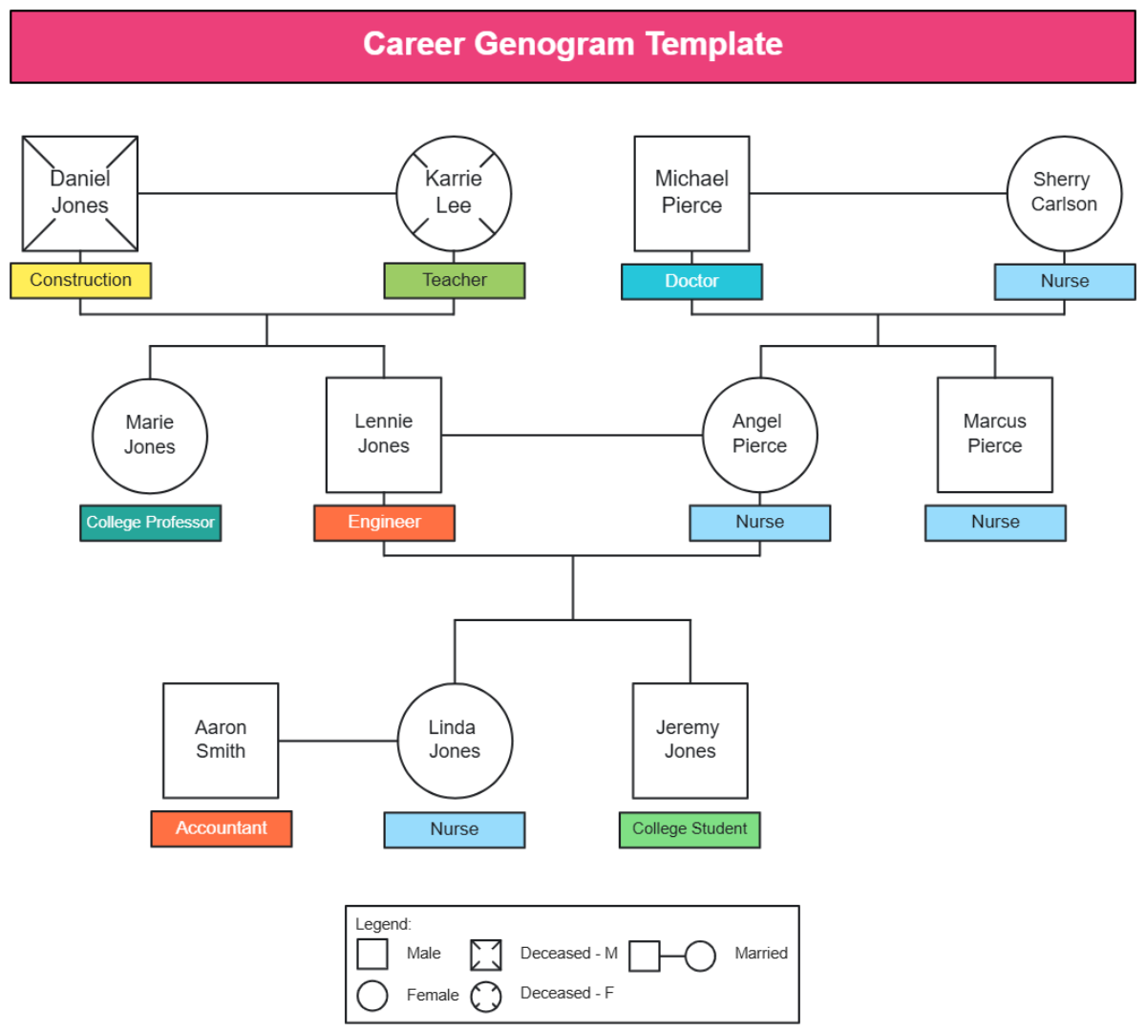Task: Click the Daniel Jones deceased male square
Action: click(x=80, y=193)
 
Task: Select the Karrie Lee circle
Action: click(x=454, y=193)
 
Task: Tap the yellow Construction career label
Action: click(x=80, y=280)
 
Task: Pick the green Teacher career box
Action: click(x=455, y=280)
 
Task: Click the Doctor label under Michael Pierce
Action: click(x=691, y=281)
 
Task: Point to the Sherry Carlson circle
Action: click(x=1064, y=193)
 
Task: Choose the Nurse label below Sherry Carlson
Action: click(x=1065, y=281)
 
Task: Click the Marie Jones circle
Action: click(x=150, y=436)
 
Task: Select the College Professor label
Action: click(x=150, y=523)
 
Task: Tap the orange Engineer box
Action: click(x=384, y=523)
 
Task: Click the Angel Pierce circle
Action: click(x=760, y=435)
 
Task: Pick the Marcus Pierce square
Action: click(x=995, y=435)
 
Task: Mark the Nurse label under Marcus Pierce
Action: click(x=995, y=523)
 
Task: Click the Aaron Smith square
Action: click(x=221, y=741)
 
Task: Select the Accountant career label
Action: click(x=222, y=828)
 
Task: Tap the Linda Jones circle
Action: click(x=455, y=741)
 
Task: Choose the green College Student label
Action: click(x=690, y=829)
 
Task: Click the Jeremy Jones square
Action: click(x=690, y=741)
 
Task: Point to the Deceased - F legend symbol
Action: click(x=486, y=996)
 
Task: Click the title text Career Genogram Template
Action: click(x=573, y=45)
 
